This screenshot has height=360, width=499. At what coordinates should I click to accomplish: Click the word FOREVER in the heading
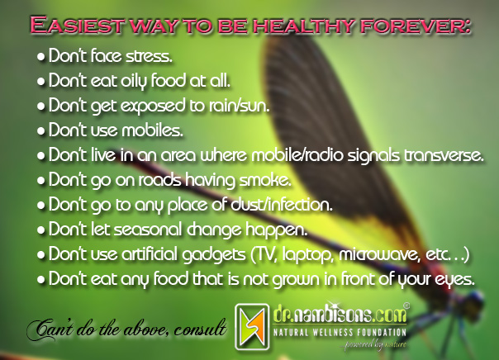[416, 25]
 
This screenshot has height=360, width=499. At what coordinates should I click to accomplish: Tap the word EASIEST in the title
[77, 25]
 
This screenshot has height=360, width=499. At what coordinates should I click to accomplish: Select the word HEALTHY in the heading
[304, 25]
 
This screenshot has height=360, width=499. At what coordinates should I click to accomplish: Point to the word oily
[134, 81]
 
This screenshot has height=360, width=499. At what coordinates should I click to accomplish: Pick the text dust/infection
[282, 205]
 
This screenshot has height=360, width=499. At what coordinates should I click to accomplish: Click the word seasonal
[148, 230]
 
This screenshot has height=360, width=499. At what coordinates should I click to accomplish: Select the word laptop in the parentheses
[308, 255]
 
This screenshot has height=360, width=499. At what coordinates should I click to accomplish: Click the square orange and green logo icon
[252, 327]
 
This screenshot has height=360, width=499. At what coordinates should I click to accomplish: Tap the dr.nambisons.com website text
[340, 315]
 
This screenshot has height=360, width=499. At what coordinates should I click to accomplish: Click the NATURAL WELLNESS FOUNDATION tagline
[340, 333]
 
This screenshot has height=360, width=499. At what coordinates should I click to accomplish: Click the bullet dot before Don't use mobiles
[40, 131]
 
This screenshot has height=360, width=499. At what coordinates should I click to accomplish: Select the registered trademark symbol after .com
[406, 306]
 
